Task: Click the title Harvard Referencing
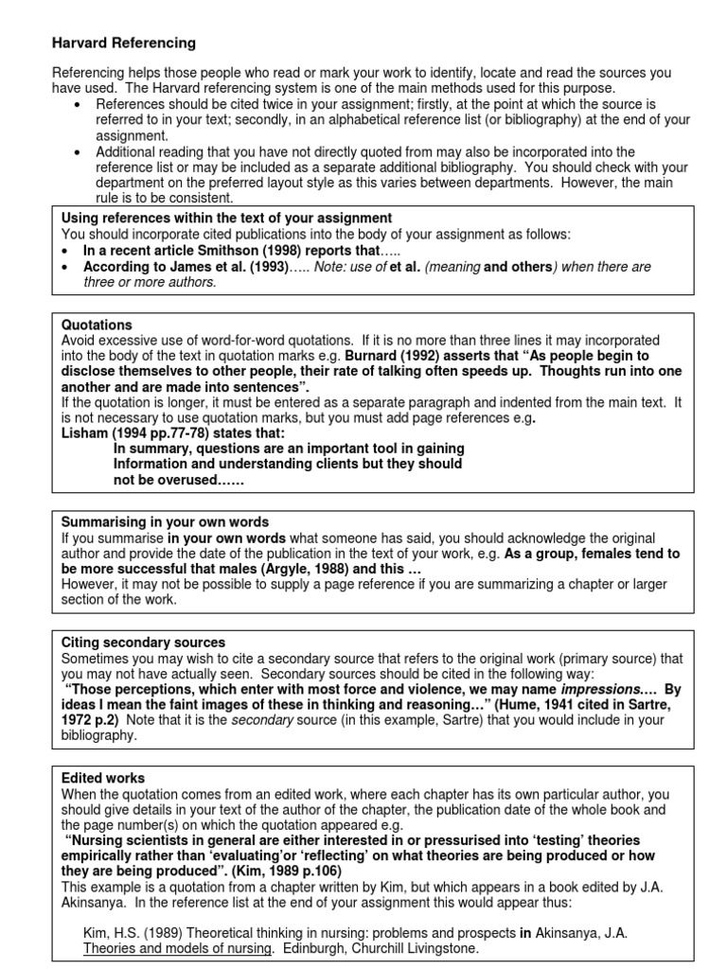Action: [x=123, y=43]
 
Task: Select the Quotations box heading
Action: [x=97, y=325]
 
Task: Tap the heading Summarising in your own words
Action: [x=165, y=521]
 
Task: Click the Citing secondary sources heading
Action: [x=143, y=643]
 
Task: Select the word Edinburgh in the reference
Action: [x=279, y=947]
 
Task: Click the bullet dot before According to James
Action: [x=62, y=268]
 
